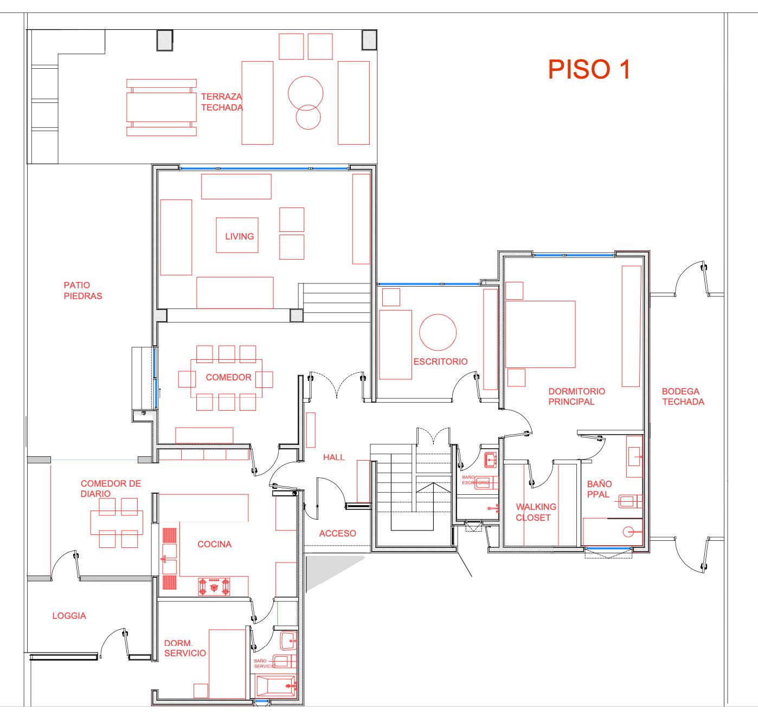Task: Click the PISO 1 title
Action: (x=589, y=69)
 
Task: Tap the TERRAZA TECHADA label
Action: (x=222, y=102)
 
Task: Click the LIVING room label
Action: (x=239, y=236)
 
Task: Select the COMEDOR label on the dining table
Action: (x=228, y=377)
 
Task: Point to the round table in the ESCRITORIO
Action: (x=438, y=332)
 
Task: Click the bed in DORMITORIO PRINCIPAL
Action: (x=540, y=334)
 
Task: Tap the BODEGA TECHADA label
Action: (x=683, y=396)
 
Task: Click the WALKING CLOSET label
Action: (x=536, y=512)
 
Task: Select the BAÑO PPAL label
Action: (x=599, y=489)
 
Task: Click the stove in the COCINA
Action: (x=215, y=586)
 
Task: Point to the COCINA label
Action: (x=214, y=544)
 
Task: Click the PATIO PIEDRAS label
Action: (x=82, y=290)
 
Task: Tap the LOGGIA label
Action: (x=69, y=616)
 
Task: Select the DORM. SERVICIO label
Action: (x=185, y=648)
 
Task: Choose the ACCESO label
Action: (x=337, y=533)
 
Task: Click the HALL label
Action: (x=333, y=457)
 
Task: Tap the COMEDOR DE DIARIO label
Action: (x=111, y=488)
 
